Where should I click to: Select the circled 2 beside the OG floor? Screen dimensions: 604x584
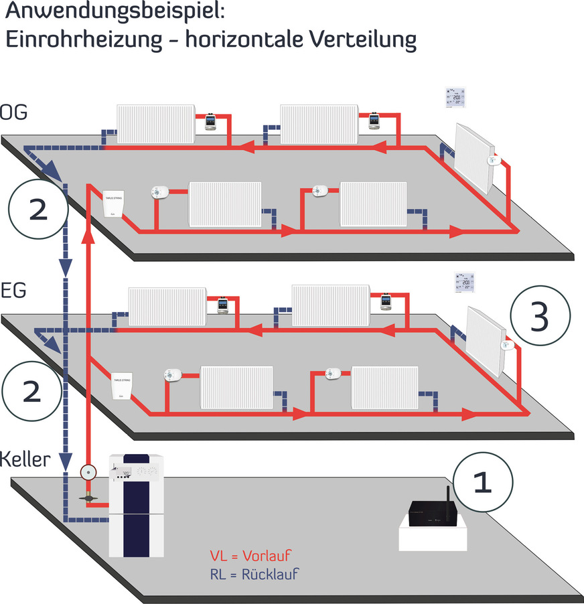(38, 211)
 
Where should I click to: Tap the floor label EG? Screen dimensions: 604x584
(13, 292)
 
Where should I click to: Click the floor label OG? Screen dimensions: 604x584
(13, 112)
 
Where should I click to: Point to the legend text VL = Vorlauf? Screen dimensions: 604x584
(251, 556)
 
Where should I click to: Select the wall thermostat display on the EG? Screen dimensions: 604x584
(464, 283)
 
